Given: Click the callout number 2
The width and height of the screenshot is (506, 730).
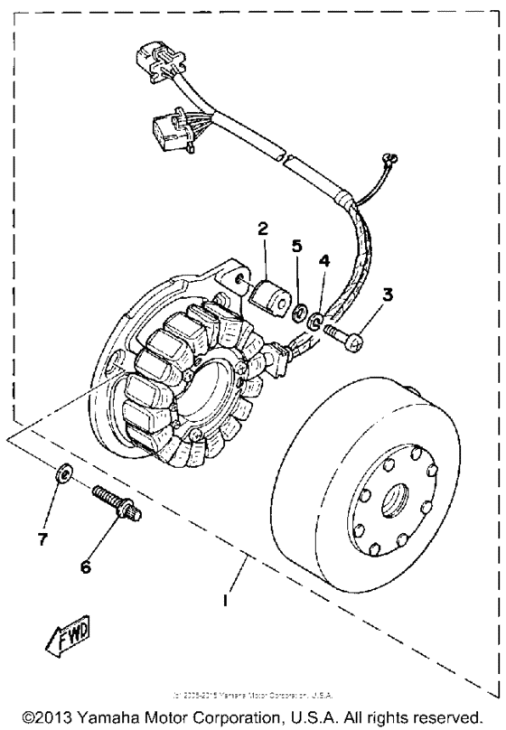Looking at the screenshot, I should click(x=262, y=230).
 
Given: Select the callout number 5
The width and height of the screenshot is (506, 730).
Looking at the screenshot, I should click(x=296, y=245).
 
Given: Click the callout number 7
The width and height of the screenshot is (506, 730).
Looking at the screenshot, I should click(x=41, y=539).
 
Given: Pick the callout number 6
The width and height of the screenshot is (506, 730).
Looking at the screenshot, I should click(x=87, y=566).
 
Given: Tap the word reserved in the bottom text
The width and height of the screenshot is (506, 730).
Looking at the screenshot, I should click(x=456, y=716).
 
